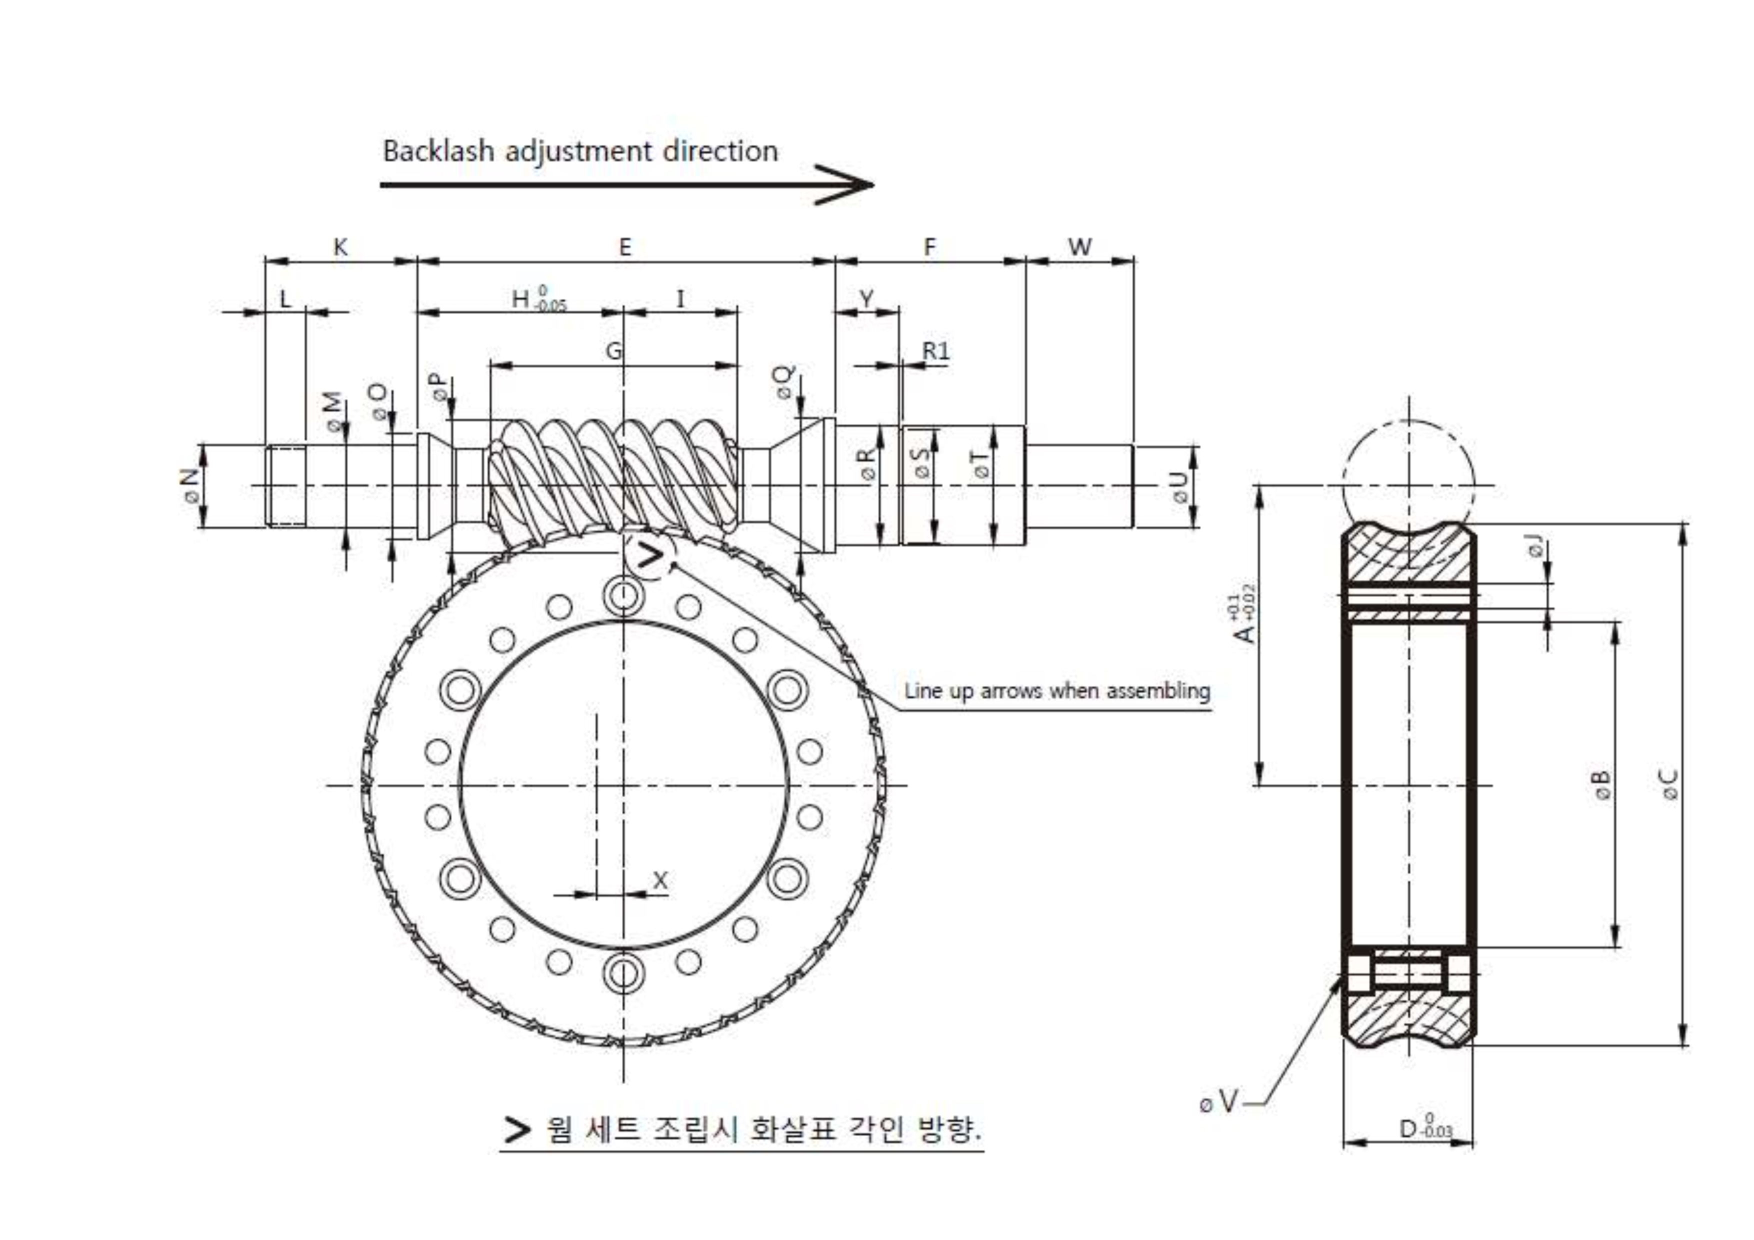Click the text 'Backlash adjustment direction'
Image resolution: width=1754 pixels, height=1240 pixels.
click(x=580, y=151)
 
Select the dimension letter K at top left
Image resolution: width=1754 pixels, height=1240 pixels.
click(x=340, y=247)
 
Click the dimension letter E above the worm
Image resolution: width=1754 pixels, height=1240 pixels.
click(x=625, y=247)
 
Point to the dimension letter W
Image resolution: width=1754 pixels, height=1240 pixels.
click(x=1079, y=247)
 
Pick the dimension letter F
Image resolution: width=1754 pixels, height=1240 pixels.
click(x=929, y=247)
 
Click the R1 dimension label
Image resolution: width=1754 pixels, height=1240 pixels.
click(x=936, y=350)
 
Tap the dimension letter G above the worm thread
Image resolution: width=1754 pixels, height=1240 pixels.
click(x=613, y=350)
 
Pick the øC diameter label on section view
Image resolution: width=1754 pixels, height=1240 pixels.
click(x=1670, y=784)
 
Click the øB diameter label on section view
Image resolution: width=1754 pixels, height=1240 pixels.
click(x=1601, y=784)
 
